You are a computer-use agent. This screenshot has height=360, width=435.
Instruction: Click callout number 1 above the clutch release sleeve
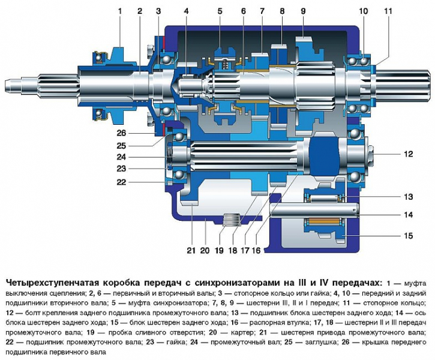[x=120, y=11]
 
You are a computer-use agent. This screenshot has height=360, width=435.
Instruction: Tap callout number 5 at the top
[x=220, y=11]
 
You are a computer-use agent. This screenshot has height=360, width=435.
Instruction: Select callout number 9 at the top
[x=303, y=11]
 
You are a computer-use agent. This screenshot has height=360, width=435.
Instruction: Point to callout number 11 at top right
[x=388, y=11]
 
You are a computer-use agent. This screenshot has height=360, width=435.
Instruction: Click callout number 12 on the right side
[x=408, y=154]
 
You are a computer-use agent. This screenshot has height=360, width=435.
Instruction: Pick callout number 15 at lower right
[x=408, y=236]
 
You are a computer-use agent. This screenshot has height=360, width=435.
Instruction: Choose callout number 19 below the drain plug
[x=219, y=250]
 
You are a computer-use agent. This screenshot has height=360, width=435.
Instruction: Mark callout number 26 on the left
[x=121, y=133]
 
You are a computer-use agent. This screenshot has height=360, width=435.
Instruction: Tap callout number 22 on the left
[x=121, y=182]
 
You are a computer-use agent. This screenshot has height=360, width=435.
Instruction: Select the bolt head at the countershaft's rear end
[x=371, y=154]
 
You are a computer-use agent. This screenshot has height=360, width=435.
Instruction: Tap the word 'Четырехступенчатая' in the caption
[x=52, y=283]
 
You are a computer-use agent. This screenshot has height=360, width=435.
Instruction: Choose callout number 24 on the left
[x=121, y=157]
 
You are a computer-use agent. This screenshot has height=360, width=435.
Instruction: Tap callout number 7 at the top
[x=262, y=11]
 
